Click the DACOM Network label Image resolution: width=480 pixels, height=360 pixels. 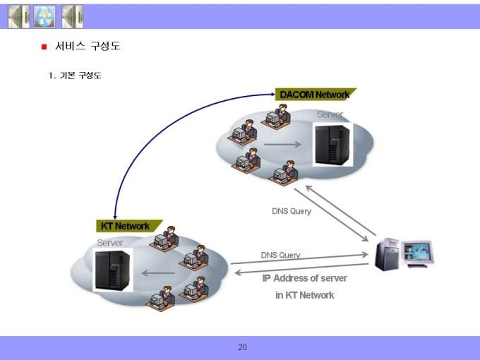point(315,95)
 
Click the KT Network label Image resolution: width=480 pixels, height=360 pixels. point(126,226)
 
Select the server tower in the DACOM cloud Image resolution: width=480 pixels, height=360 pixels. point(332,145)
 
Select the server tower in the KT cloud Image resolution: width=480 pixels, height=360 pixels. point(113,270)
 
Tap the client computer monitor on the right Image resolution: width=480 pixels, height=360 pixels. point(417,253)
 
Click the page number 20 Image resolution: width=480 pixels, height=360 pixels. point(242,347)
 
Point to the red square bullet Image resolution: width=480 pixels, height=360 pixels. point(44,47)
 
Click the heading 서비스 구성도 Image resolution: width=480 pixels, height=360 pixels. point(88,46)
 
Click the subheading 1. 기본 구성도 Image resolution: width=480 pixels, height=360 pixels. point(75,76)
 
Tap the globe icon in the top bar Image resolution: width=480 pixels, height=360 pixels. point(44,16)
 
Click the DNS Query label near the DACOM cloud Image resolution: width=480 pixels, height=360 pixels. point(292,211)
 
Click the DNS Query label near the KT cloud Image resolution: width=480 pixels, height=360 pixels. point(281,255)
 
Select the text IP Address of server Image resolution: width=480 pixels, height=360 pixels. point(305,278)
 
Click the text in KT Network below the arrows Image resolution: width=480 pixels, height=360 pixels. point(305,295)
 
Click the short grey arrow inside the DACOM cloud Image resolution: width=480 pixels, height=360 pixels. point(282,144)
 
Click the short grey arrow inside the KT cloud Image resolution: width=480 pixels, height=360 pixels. point(158,272)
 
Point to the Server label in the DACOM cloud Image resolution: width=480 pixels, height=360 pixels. point(330,114)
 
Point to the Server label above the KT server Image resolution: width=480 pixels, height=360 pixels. point(110,243)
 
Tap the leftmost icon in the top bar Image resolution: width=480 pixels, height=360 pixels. point(18,16)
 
